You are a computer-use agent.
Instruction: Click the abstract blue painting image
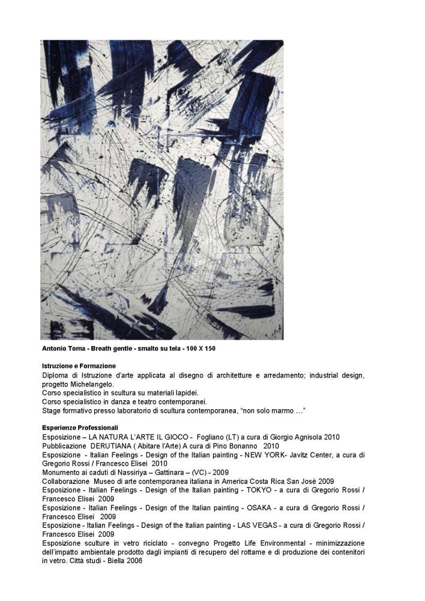tap(161, 189)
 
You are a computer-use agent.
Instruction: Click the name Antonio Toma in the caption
tap(62, 349)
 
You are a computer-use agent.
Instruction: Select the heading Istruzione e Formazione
tap(79, 365)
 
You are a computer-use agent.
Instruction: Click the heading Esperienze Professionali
tap(76, 427)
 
